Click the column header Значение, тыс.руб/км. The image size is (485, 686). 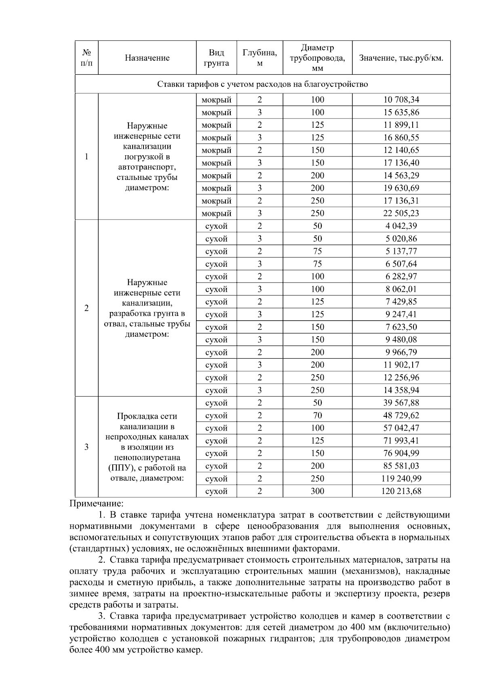pyautogui.click(x=401, y=58)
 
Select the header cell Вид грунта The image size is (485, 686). pyautogui.click(x=216, y=58)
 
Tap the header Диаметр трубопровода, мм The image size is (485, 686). pyautogui.click(x=317, y=58)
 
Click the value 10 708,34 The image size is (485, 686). pyautogui.click(x=401, y=100)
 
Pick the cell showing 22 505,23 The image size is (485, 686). pyautogui.click(x=401, y=213)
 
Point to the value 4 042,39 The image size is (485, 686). pyautogui.click(x=401, y=226)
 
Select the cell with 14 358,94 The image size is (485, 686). pyautogui.click(x=401, y=390)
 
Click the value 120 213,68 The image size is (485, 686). pyautogui.click(x=401, y=491)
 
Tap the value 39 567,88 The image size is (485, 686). pyautogui.click(x=401, y=403)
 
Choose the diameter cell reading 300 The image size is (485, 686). pyautogui.click(x=317, y=491)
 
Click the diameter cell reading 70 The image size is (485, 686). pyautogui.click(x=317, y=416)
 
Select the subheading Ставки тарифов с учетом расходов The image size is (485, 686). pyautogui.click(x=262, y=84)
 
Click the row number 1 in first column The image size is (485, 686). pyautogui.click(x=86, y=157)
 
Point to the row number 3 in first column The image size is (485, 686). pyautogui.click(x=86, y=447)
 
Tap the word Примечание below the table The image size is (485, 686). pyautogui.click(x=96, y=504)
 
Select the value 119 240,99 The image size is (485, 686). pyautogui.click(x=401, y=479)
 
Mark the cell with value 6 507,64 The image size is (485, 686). pyautogui.click(x=401, y=264)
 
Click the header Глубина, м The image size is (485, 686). pyautogui.click(x=259, y=58)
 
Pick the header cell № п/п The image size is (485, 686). pyautogui.click(x=86, y=58)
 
